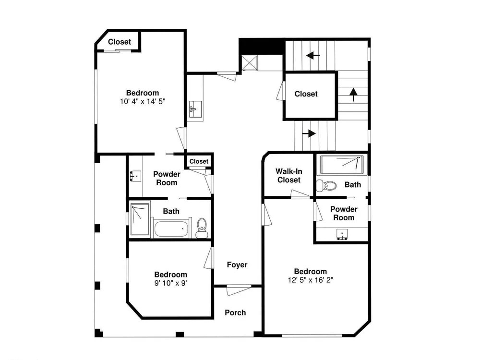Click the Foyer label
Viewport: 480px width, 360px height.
point(237,265)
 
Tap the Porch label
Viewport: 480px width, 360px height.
point(235,312)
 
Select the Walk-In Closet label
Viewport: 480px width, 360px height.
point(288,176)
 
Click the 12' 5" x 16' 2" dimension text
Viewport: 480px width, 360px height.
point(311,280)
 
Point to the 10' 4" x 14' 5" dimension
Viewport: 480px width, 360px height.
point(143,101)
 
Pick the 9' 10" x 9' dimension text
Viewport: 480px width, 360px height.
point(170,283)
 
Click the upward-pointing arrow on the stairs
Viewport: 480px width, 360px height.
point(354,95)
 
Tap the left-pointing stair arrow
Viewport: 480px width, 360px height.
point(313,56)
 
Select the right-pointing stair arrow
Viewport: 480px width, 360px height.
point(309,133)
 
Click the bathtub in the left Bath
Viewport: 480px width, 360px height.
point(170,228)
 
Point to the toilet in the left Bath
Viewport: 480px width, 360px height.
point(202,228)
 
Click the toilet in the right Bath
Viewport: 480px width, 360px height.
point(326,185)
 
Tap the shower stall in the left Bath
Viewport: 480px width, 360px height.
point(140,219)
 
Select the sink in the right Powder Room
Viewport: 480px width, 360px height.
point(342,235)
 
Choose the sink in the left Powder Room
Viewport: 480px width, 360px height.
point(136,176)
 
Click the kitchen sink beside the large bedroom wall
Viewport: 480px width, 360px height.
point(195,109)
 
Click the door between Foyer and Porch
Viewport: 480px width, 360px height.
point(239,290)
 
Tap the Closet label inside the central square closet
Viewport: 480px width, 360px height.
point(306,94)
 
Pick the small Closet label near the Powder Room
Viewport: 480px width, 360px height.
point(199,161)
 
